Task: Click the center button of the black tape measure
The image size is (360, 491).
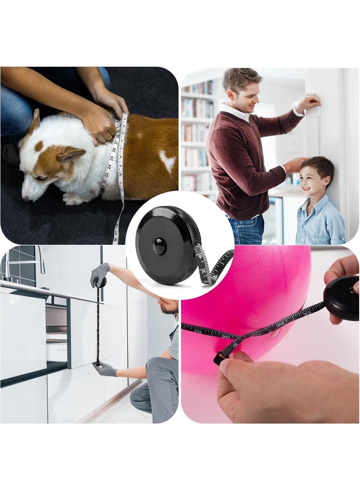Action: [x=160, y=246]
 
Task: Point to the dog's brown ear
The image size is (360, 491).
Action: [x=71, y=156]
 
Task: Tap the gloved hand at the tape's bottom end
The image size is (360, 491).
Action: [x=105, y=369]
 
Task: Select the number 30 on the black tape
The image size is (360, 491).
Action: [x=225, y=335]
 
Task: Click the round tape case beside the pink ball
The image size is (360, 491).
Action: [x=341, y=298]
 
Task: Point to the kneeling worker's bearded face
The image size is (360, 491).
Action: [x=169, y=307]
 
